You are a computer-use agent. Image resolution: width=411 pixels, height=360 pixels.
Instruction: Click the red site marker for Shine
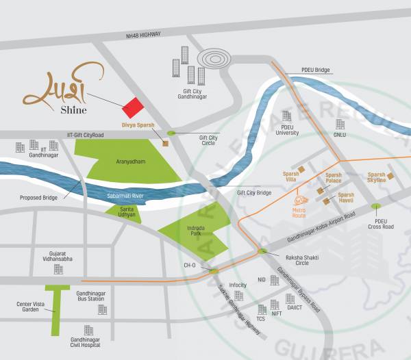(x=133, y=107)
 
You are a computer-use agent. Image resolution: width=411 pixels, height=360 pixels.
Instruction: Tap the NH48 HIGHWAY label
(x=144, y=36)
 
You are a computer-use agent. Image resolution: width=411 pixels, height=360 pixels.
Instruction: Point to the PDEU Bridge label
(x=316, y=70)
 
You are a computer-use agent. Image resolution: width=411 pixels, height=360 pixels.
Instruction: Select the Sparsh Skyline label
(x=376, y=177)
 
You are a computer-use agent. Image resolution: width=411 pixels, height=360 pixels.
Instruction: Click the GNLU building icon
(x=340, y=124)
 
